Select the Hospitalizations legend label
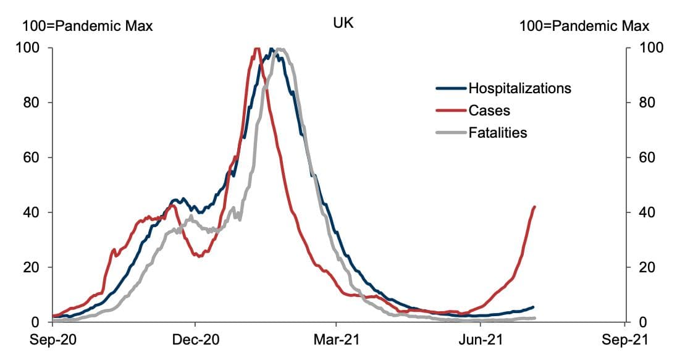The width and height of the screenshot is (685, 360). click(x=519, y=88)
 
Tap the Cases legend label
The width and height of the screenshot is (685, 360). click(x=489, y=111)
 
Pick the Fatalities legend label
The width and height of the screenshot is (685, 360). click(x=498, y=132)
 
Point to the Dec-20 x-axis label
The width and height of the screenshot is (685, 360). click(x=195, y=340)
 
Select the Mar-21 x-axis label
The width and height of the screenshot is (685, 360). click(x=336, y=340)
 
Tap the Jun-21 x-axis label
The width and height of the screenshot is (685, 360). click(x=479, y=340)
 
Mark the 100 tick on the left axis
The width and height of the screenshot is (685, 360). click(x=32, y=48)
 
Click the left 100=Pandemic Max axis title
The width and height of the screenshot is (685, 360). click(x=88, y=26)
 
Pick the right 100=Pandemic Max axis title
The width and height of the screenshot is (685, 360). click(x=584, y=26)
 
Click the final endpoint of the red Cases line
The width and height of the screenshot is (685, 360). click(x=534, y=207)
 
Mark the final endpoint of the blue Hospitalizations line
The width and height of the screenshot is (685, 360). click(x=533, y=307)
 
